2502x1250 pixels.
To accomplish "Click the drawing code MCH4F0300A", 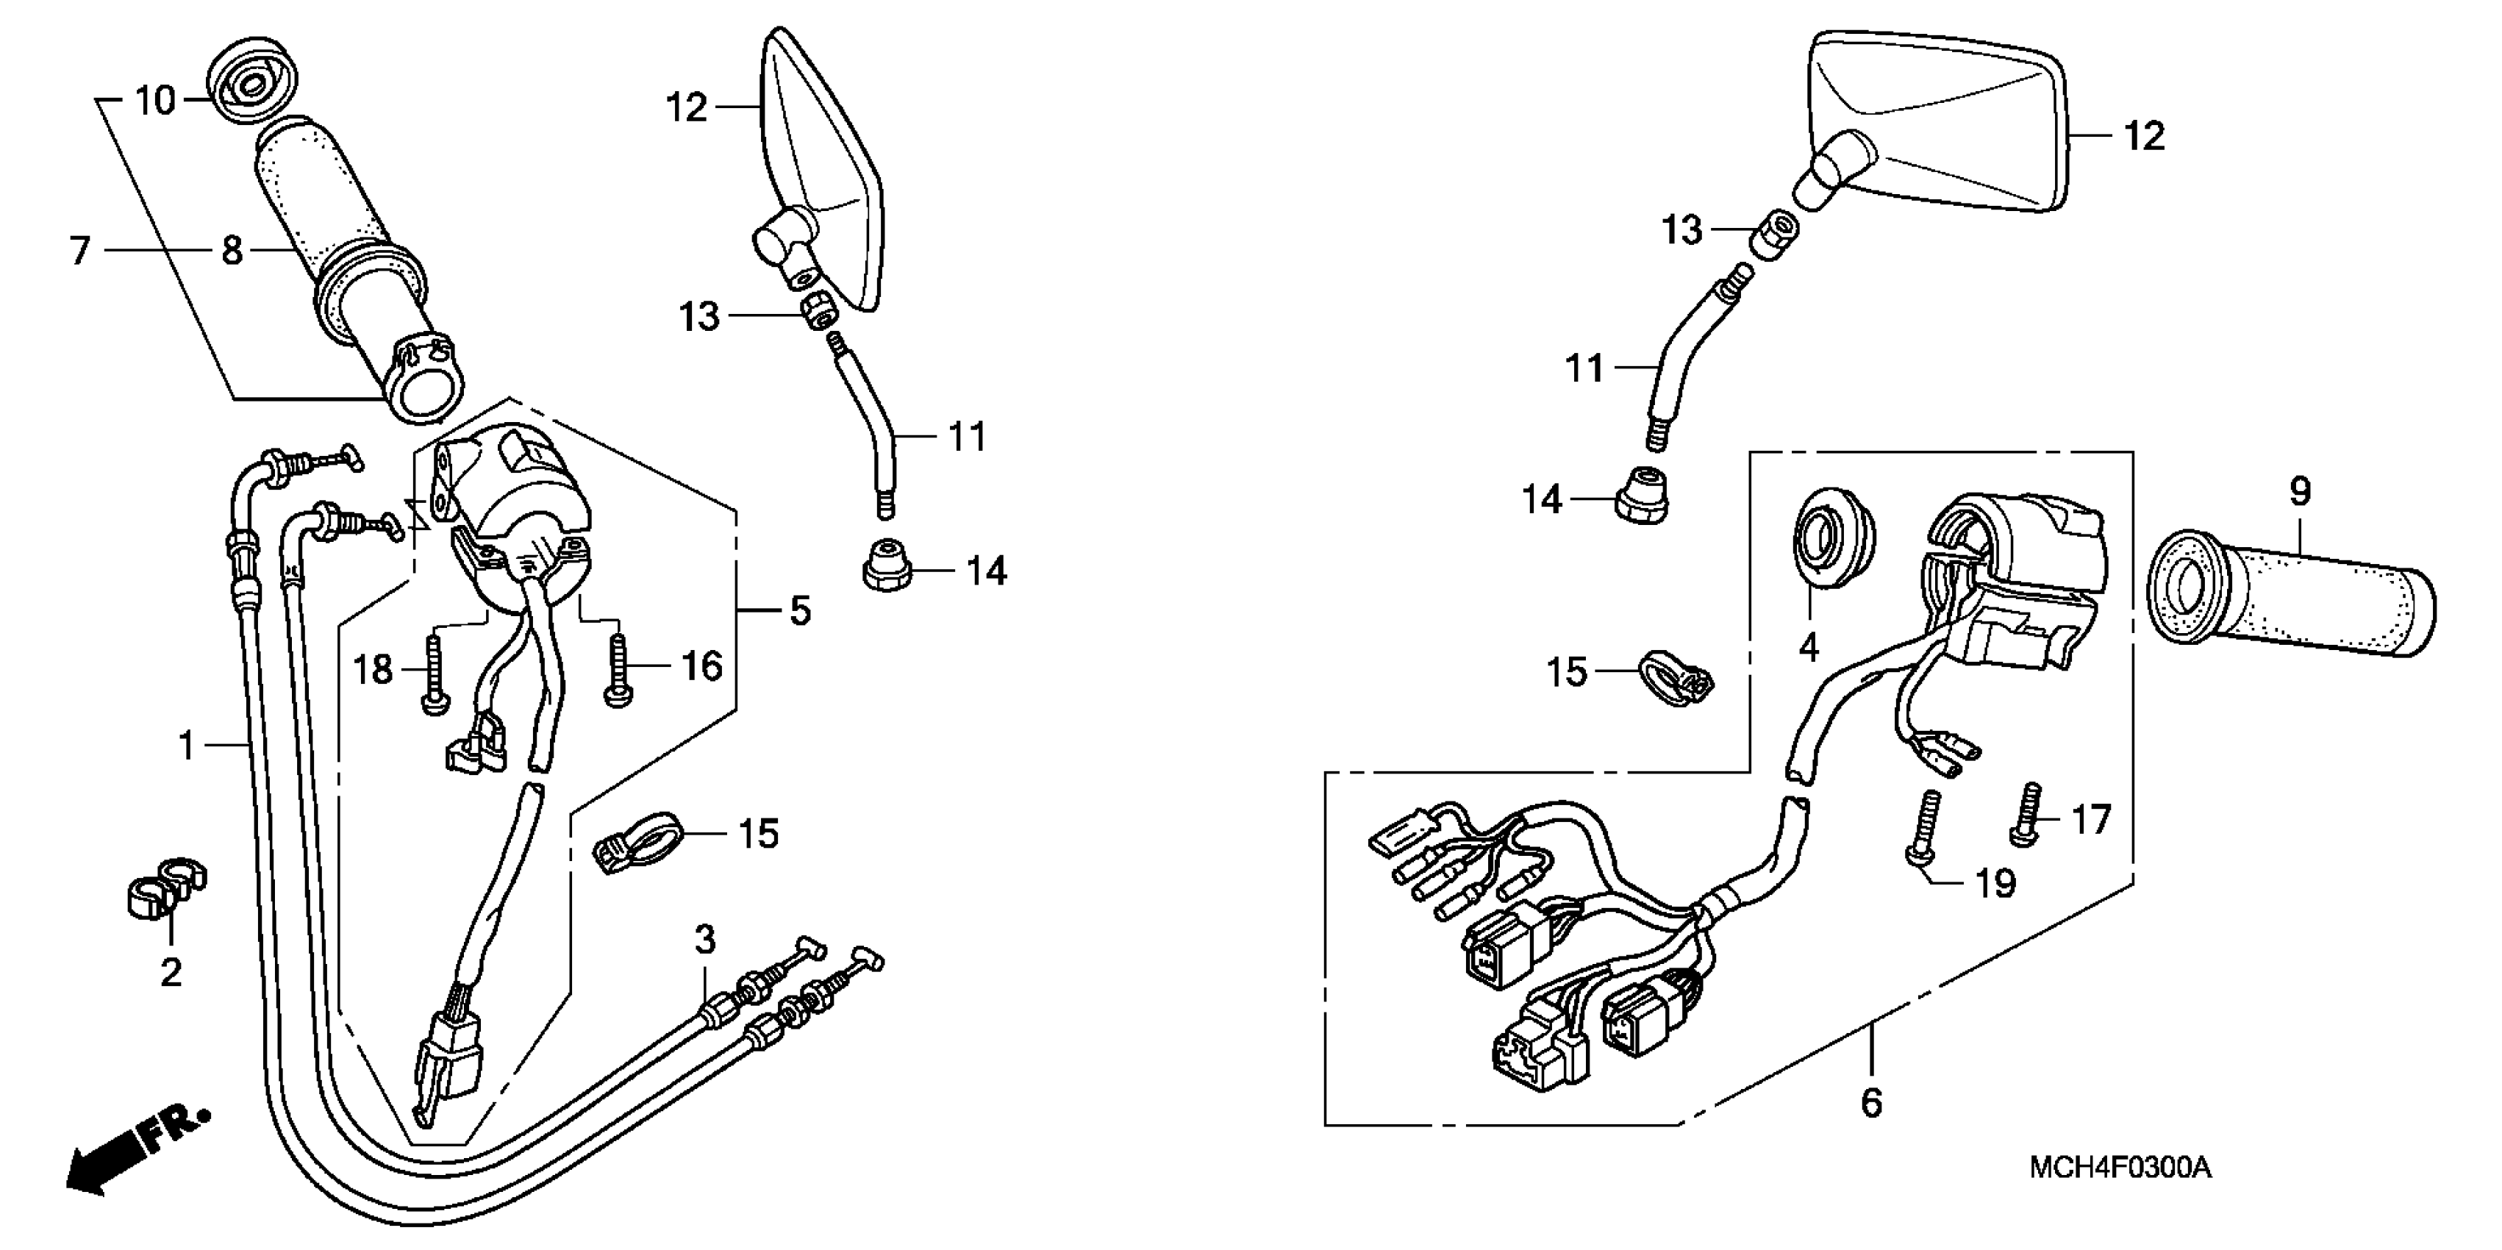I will (x=2120, y=1166).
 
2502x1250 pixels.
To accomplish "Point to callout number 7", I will (x=79, y=251).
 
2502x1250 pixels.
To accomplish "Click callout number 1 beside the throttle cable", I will (x=187, y=745).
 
